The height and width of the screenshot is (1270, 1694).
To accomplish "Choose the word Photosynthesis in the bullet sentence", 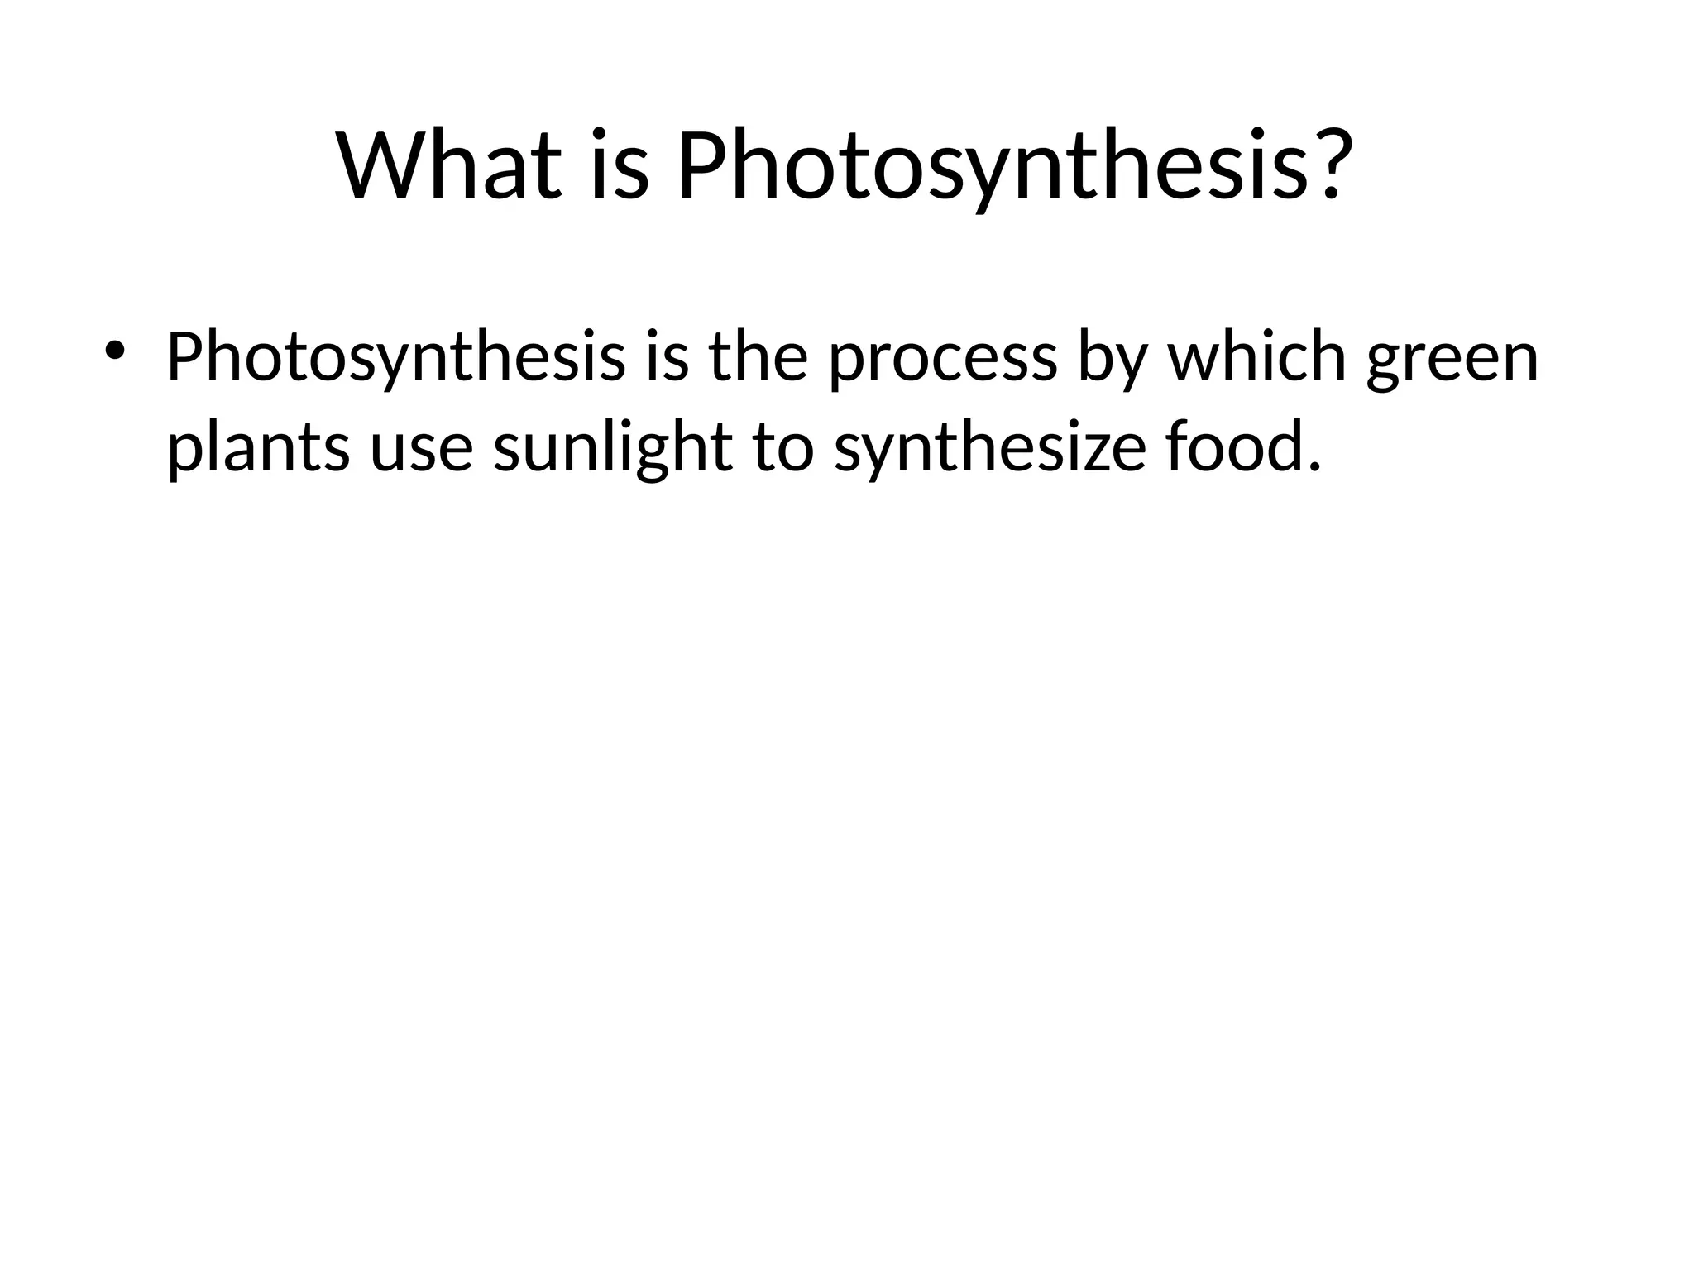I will (396, 358).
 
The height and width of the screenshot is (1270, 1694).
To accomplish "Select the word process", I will (943, 358).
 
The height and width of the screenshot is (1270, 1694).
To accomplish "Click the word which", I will (1257, 358).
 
